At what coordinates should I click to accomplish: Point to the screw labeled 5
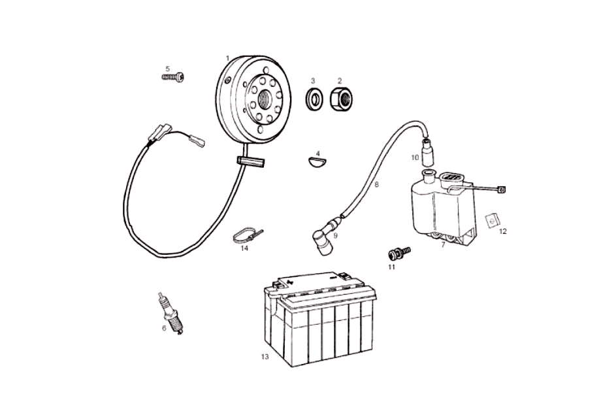[x=173, y=77]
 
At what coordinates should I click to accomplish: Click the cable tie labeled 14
[x=246, y=233]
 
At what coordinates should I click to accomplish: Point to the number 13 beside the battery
[x=264, y=357]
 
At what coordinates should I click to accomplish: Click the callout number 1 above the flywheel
[x=227, y=58]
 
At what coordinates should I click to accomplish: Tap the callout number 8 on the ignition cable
[x=376, y=185]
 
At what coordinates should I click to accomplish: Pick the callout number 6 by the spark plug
[x=164, y=328]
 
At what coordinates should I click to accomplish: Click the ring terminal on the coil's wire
[x=502, y=190]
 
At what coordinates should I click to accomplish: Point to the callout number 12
[x=502, y=231]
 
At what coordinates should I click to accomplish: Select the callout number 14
[x=244, y=248]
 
